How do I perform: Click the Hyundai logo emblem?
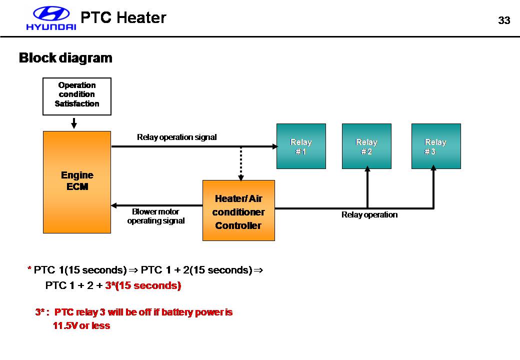[51, 14]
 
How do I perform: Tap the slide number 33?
[504, 20]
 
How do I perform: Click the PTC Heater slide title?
[123, 18]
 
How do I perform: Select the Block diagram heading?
[65, 58]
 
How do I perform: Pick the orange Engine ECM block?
[77, 182]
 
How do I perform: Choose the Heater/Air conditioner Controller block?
[238, 210]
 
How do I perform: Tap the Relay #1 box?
[301, 146]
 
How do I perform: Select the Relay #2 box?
[366, 146]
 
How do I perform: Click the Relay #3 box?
[435, 146]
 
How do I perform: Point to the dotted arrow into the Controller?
[240, 163]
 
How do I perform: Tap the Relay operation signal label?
[177, 137]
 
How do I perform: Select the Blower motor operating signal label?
[155, 216]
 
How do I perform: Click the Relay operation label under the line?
[369, 214]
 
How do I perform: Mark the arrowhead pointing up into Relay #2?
[367, 170]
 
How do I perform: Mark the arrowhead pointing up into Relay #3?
[433, 170]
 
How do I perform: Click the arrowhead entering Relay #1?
[274, 146]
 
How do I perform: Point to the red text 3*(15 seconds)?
[143, 285]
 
